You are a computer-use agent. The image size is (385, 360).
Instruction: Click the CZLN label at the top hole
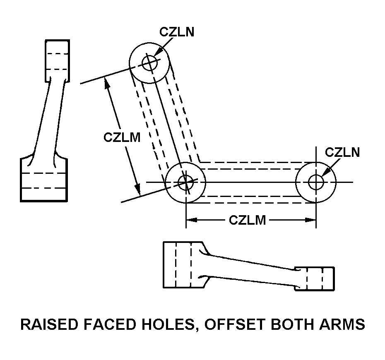[x=177, y=32]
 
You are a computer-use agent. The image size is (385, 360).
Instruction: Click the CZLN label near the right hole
[x=342, y=152]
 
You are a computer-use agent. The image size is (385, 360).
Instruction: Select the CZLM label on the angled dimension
[x=122, y=137]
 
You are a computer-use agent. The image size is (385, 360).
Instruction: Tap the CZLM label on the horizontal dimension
[x=247, y=220]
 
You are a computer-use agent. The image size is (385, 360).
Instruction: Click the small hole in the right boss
[x=316, y=182]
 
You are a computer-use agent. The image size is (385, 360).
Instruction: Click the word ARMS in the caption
[x=343, y=324]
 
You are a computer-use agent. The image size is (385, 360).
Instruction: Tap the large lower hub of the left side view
[x=44, y=180]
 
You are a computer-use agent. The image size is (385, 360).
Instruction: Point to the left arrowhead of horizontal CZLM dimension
[x=190, y=220]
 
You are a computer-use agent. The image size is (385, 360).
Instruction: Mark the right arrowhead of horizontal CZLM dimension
[x=312, y=220]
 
